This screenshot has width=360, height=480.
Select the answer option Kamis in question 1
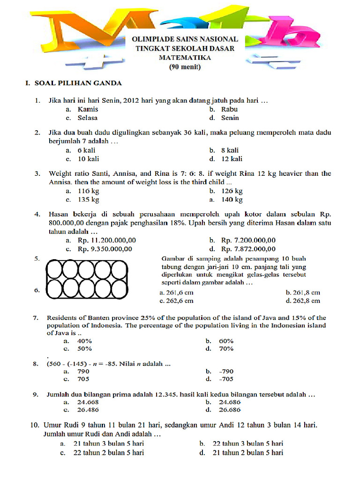click(88, 109)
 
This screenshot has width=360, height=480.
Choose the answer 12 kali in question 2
click(232, 159)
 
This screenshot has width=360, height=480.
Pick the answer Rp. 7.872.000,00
click(248, 249)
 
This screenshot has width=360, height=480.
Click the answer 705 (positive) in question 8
click(83, 379)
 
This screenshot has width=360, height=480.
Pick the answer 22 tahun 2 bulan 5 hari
click(108, 452)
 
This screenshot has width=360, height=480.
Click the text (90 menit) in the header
click(185, 67)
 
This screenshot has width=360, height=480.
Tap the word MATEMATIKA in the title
click(185, 58)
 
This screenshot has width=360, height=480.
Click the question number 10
click(35, 425)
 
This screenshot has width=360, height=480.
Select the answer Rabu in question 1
click(229, 109)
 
